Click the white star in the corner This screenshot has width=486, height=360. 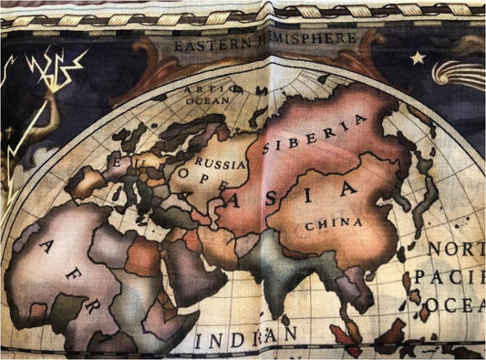click(418, 57)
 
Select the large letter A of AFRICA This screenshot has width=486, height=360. click(47, 245)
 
